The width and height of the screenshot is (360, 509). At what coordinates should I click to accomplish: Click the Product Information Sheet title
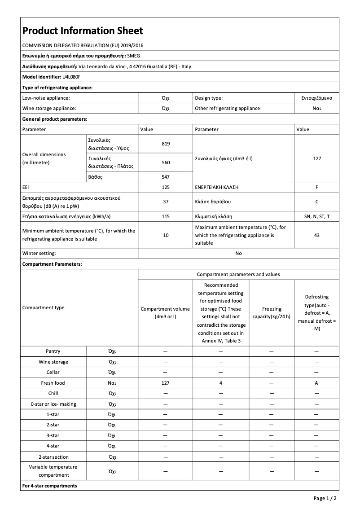(83, 31)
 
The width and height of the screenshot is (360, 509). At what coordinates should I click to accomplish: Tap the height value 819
(166, 144)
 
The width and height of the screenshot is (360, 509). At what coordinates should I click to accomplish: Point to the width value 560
(166, 162)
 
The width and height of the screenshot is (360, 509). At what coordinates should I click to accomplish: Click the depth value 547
(166, 177)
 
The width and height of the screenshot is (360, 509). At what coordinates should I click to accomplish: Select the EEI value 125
(166, 186)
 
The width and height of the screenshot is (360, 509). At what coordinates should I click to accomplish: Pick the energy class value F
(316, 186)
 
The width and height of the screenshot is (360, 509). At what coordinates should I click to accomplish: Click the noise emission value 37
(166, 202)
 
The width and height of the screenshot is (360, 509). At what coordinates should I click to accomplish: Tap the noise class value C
(316, 202)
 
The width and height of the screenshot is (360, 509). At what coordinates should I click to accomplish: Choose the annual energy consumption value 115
(166, 216)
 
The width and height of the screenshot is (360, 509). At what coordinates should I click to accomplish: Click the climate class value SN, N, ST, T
(316, 216)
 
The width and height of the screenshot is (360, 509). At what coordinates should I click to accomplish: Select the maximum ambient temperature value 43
(316, 235)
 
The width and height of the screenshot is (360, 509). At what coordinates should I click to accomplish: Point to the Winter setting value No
(238, 253)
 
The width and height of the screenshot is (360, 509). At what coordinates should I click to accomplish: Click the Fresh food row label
(53, 383)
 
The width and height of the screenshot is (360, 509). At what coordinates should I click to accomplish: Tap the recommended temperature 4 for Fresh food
(221, 383)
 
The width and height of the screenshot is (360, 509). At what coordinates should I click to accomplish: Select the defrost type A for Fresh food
(316, 383)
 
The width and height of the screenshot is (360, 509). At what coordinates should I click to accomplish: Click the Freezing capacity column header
(272, 312)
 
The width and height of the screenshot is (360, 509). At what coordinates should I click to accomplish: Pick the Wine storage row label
(53, 362)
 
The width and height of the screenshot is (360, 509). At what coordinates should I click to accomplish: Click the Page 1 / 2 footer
(325, 498)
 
